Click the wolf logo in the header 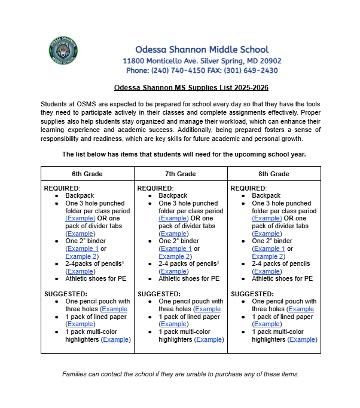click(63, 51)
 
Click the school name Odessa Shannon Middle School click(202, 50)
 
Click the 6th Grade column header click(87, 174)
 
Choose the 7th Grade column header click(181, 174)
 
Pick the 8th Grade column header click(274, 174)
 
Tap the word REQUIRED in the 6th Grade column click(62, 188)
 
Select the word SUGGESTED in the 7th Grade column click(159, 294)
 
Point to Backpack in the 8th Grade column click(266, 195)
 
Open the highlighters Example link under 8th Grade click(302, 339)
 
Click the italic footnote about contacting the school click(180, 374)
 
